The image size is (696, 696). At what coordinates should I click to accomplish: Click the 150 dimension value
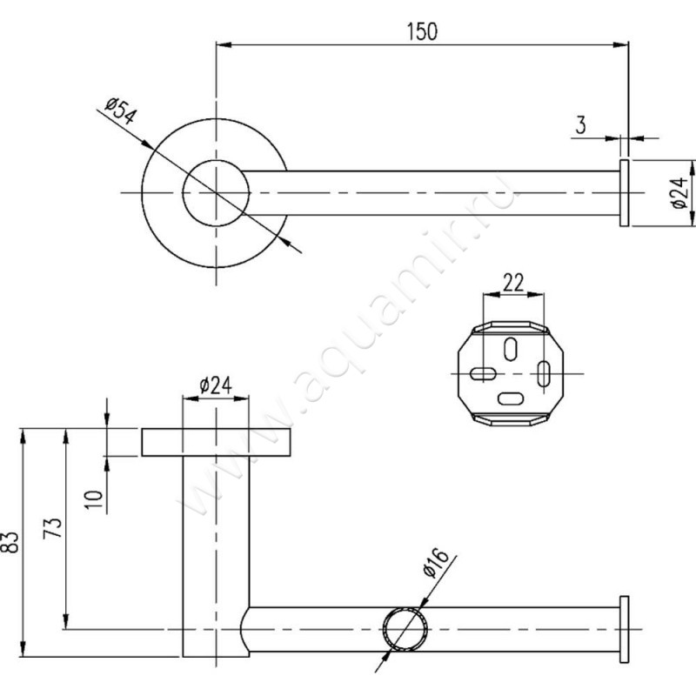(x=422, y=31)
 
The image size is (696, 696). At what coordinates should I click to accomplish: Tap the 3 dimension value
(x=580, y=125)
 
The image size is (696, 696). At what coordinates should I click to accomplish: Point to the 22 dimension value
(x=513, y=282)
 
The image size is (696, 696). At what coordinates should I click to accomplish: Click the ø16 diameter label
(x=436, y=563)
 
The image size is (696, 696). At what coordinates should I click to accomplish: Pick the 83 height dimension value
(x=11, y=542)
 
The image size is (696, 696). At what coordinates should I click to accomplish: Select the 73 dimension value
(x=53, y=528)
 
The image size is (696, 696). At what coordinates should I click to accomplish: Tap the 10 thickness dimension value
(x=94, y=499)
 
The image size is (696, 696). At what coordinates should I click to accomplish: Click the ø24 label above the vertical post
(x=216, y=385)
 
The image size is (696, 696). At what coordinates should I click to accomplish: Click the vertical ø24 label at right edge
(x=679, y=193)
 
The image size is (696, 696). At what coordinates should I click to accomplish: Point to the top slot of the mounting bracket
(x=511, y=349)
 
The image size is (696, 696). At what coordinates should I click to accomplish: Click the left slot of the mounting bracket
(x=483, y=373)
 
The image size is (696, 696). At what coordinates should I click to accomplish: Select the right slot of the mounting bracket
(x=543, y=374)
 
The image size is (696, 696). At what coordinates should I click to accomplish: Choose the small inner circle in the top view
(x=216, y=160)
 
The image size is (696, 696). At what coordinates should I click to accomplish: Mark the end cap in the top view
(x=624, y=193)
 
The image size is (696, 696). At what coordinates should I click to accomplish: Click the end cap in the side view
(x=624, y=629)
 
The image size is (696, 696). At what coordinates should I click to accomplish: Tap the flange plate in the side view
(x=216, y=442)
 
